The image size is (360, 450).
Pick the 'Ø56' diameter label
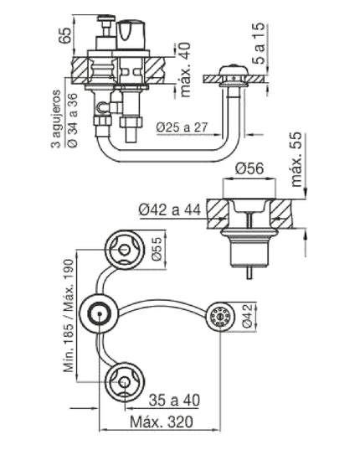click(250, 168)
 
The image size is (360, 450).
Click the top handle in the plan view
click(122, 249)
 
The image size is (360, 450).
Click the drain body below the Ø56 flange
click(249, 248)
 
